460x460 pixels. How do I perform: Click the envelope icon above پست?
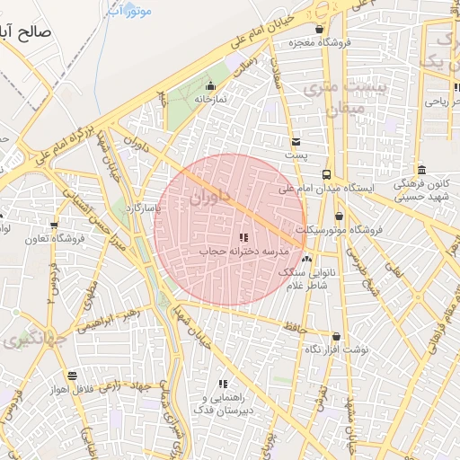tap(296, 142)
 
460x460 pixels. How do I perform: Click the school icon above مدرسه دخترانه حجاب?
tap(243, 237)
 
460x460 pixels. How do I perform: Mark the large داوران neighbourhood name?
tap(210, 195)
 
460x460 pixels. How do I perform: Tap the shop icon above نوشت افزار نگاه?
tap(336, 336)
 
